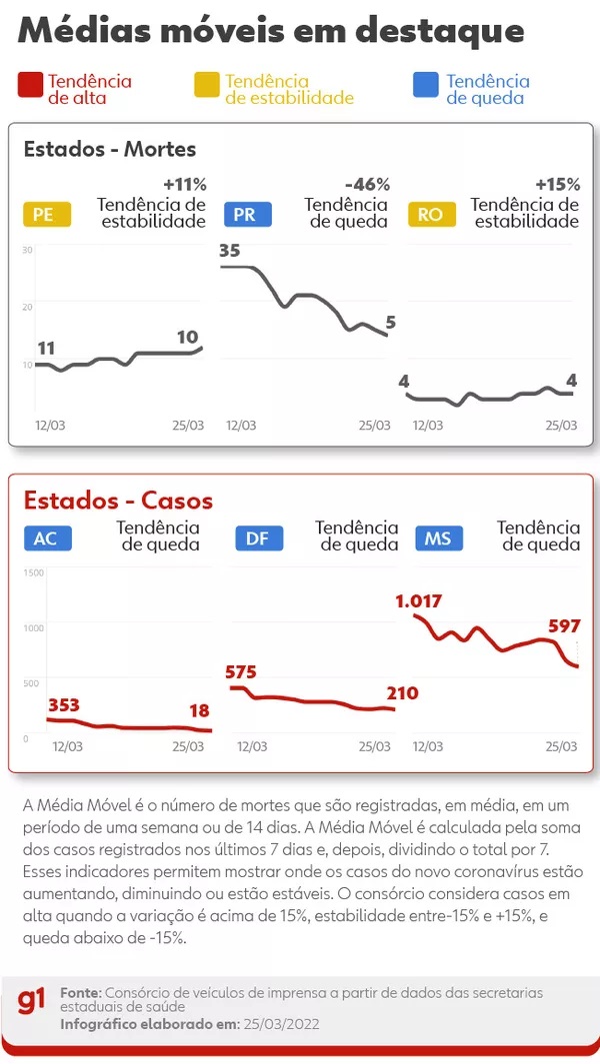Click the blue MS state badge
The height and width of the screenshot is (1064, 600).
[x=438, y=539]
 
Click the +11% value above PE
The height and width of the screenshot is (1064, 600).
[x=184, y=185]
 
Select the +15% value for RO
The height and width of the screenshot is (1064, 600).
[x=557, y=185]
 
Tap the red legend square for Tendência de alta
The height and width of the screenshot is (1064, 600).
[x=30, y=87]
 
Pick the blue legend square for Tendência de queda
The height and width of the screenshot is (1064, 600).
[x=425, y=87]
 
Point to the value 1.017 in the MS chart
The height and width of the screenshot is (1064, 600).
[x=418, y=601]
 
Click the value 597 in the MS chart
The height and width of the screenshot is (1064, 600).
[x=564, y=626]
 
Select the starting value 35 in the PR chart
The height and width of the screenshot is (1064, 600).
[x=230, y=251]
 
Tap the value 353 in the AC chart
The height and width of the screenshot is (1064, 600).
[x=63, y=706]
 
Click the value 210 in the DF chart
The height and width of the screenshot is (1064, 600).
[x=402, y=693]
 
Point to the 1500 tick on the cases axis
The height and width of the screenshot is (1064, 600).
[x=33, y=572]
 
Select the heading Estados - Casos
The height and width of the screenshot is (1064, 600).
[x=118, y=500]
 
